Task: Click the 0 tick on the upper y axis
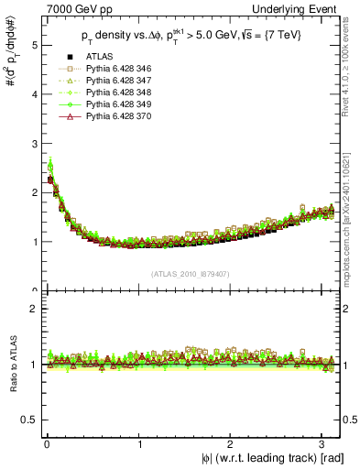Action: click(x=32, y=291)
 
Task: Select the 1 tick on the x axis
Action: click(x=139, y=444)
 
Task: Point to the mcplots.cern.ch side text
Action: click(x=352, y=211)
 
